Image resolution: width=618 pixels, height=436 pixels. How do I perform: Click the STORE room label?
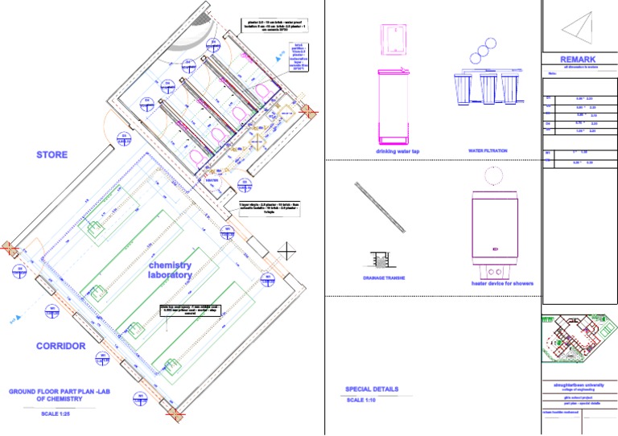[x=51, y=154]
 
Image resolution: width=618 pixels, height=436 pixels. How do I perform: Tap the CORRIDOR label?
[x=60, y=346]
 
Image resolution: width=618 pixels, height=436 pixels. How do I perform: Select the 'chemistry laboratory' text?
[x=170, y=270]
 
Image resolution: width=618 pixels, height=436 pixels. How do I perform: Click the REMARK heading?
[x=579, y=60]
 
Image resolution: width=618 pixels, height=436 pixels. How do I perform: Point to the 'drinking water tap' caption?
[x=398, y=151]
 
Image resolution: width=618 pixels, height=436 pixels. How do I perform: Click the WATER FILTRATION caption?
[x=488, y=150]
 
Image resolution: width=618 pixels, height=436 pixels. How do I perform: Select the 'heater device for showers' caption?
[x=502, y=283]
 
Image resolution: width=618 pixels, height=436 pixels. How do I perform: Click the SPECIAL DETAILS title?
[x=372, y=389]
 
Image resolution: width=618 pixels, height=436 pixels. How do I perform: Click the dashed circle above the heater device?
[x=493, y=175]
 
